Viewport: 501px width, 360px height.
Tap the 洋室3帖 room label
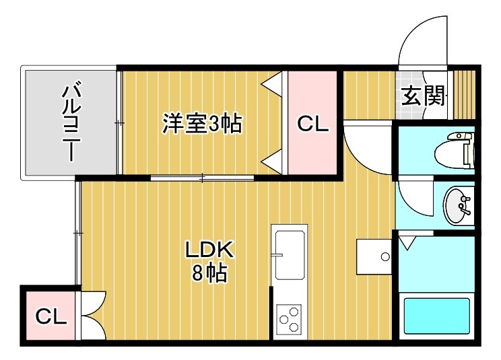(x=202, y=123)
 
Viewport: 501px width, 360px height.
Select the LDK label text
(x=210, y=250)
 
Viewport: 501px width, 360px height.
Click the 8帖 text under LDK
(x=209, y=273)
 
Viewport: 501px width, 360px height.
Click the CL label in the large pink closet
(x=313, y=124)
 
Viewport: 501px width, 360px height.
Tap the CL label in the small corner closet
(x=51, y=316)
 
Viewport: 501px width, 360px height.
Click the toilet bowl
(x=454, y=151)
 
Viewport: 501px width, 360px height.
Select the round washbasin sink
(x=457, y=206)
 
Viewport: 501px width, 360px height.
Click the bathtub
(x=437, y=316)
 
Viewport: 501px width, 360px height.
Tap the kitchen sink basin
(x=290, y=254)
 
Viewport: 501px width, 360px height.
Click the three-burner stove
(x=289, y=320)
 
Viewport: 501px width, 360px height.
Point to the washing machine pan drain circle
(x=385, y=256)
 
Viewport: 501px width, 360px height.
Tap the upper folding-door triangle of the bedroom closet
(x=272, y=84)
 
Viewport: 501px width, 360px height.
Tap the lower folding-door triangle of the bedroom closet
(x=272, y=161)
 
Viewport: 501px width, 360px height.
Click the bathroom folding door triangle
(x=407, y=242)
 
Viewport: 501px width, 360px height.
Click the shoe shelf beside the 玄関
(x=465, y=95)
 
